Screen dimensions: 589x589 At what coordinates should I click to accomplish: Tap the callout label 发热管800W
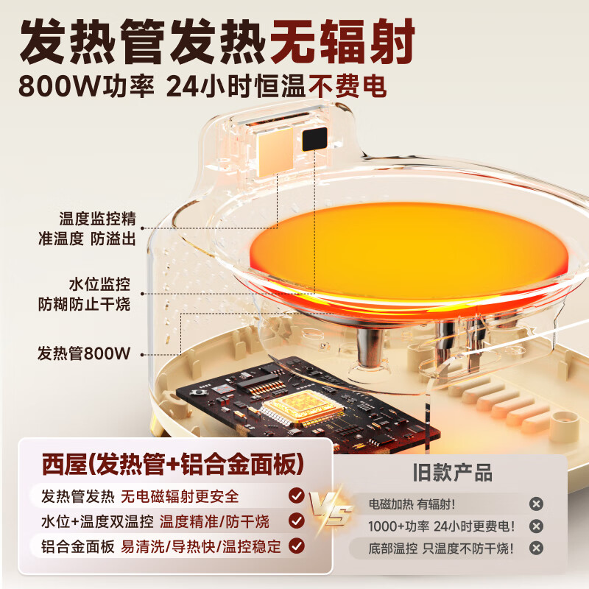[83, 353]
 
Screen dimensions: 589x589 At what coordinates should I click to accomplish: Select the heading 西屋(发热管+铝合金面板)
[172, 464]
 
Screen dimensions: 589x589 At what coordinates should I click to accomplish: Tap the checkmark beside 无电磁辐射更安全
[296, 495]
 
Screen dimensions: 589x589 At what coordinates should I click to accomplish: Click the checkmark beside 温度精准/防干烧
[296, 521]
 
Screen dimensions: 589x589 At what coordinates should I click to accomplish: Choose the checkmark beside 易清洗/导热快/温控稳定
[296, 546]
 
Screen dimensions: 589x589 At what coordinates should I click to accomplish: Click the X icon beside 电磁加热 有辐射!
[537, 504]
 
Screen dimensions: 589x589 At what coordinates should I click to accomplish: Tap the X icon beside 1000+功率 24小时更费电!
[537, 526]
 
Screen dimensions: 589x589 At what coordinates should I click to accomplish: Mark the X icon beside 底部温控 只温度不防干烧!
[537, 549]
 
